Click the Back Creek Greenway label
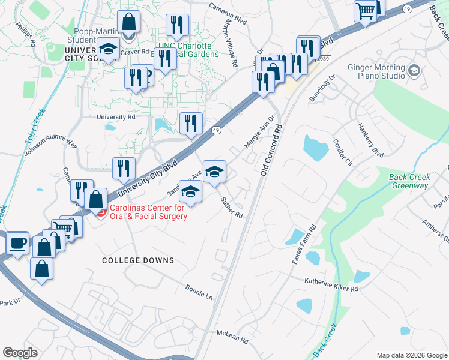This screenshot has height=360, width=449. coord(411,181)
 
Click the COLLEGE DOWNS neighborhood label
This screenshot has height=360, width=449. coord(138,260)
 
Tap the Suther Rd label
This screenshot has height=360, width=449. coord(231,207)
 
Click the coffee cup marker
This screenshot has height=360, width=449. coord(18,244)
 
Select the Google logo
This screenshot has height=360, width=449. coord(20,353)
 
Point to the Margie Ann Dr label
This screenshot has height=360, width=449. coord(259,133)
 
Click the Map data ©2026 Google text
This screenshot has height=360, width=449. coord(412,355)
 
